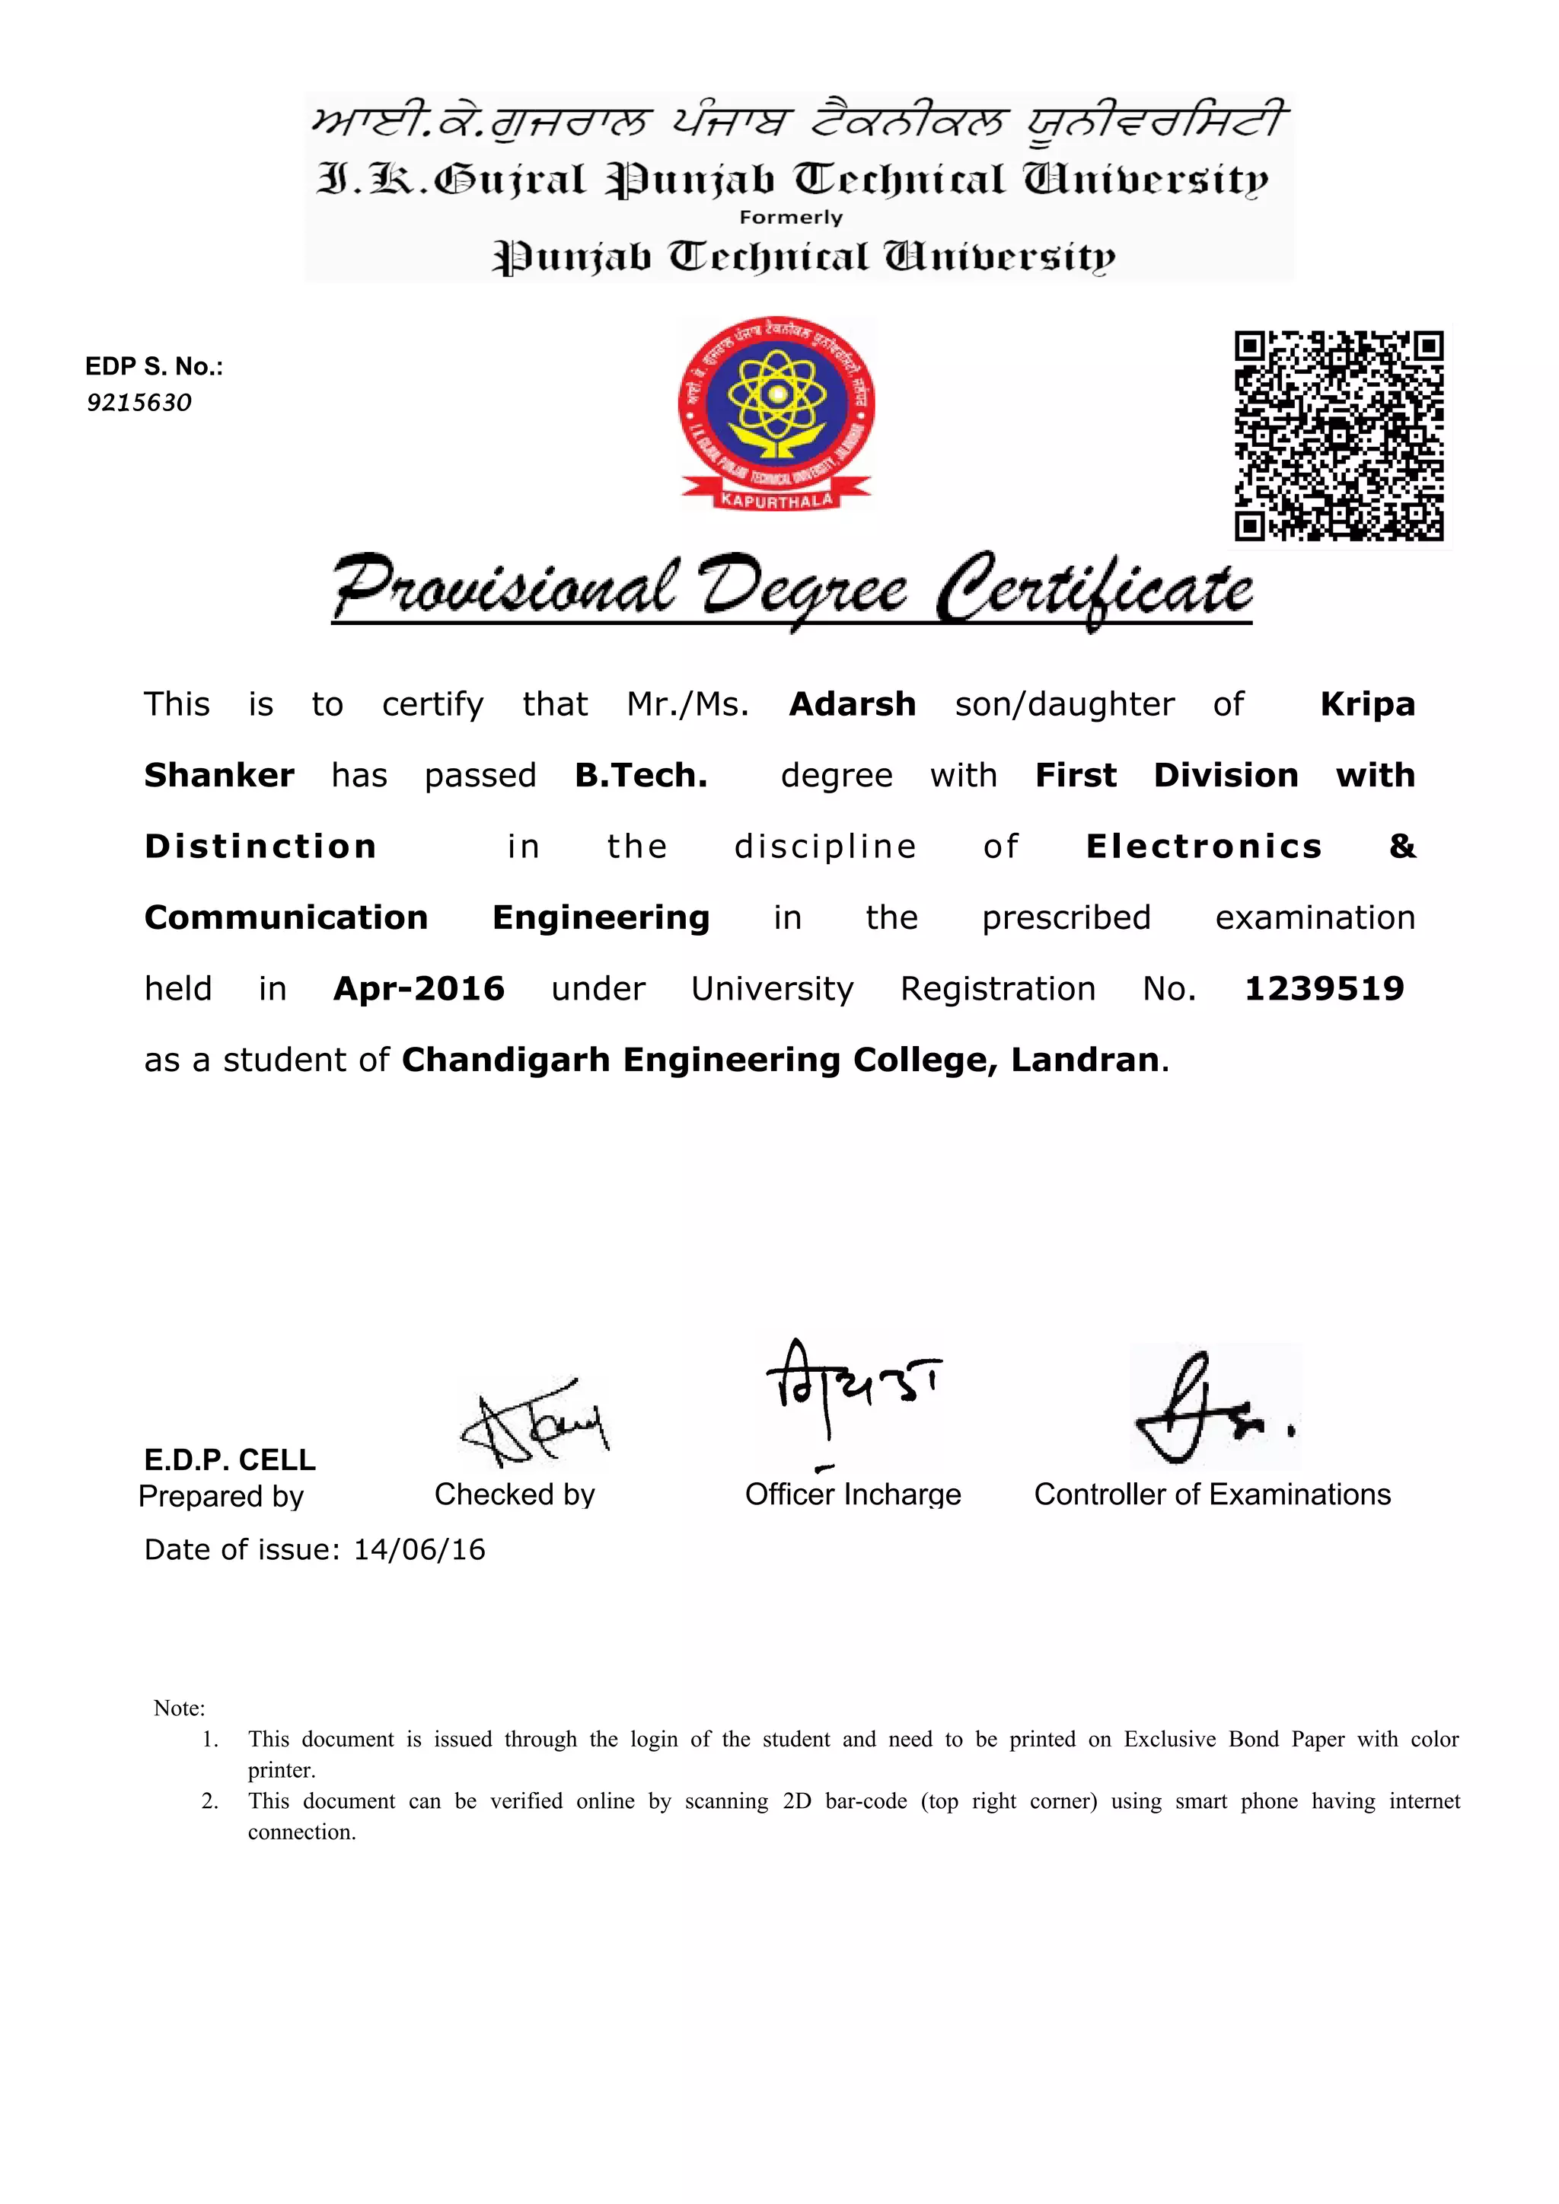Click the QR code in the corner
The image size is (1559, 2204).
click(x=1338, y=435)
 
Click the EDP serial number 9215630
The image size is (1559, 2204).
click(x=139, y=402)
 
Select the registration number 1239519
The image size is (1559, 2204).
click(x=1324, y=989)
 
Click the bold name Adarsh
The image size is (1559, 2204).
click(x=852, y=704)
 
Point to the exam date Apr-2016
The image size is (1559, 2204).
click(x=419, y=989)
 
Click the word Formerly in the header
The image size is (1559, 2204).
click(x=790, y=218)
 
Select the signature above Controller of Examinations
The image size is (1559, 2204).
click(x=1213, y=1409)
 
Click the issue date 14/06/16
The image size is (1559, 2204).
click(x=419, y=1549)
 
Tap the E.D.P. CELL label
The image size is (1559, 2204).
click(x=229, y=1460)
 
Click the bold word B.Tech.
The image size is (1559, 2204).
click(x=640, y=776)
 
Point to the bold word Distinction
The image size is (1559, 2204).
click(x=260, y=847)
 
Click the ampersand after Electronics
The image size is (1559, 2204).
click(x=1401, y=847)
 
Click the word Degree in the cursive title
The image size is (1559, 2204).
click(x=802, y=588)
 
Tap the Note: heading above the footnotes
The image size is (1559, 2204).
click(x=179, y=1708)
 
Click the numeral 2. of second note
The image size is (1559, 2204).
click(x=210, y=1801)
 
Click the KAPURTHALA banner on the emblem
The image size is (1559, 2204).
click(x=776, y=500)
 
